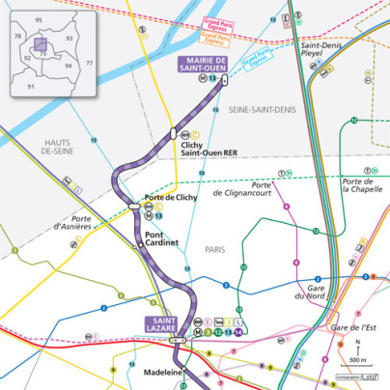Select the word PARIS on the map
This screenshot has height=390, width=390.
(x=214, y=249)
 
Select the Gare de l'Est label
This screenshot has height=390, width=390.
(x=352, y=329)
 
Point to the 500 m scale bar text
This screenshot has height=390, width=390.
(x=357, y=359)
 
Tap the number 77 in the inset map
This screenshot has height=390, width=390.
(x=90, y=63)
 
